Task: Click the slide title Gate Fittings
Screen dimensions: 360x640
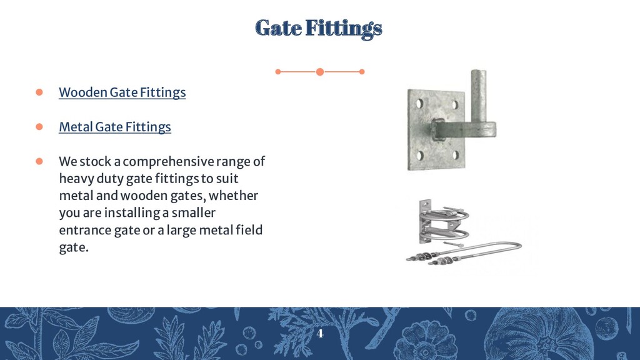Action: (x=319, y=28)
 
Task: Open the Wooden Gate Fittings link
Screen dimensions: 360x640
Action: (x=122, y=92)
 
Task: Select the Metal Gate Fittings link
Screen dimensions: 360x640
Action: (x=114, y=127)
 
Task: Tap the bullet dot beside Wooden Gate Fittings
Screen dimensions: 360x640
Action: (x=38, y=92)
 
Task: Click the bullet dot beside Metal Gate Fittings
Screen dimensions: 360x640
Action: (x=38, y=127)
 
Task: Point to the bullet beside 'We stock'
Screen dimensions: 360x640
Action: (x=38, y=161)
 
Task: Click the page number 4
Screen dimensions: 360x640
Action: (x=320, y=333)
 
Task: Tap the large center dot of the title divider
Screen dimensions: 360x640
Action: (x=320, y=72)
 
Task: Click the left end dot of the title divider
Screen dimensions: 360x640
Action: (x=278, y=72)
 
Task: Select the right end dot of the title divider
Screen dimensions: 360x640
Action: (x=362, y=72)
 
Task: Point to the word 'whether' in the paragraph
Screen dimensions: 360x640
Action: (x=237, y=196)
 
